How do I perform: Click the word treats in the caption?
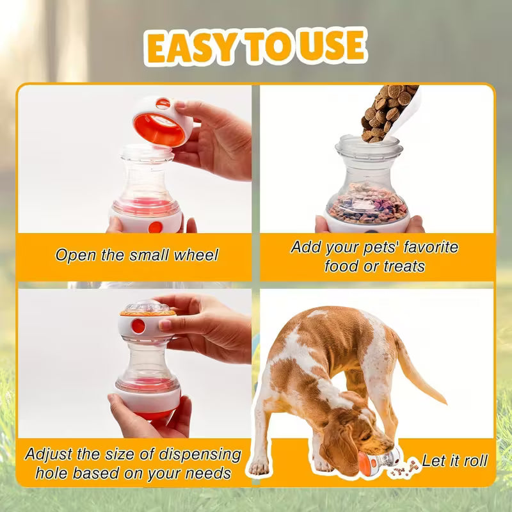pos(403,266)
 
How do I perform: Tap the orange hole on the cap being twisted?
pos(138,326)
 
